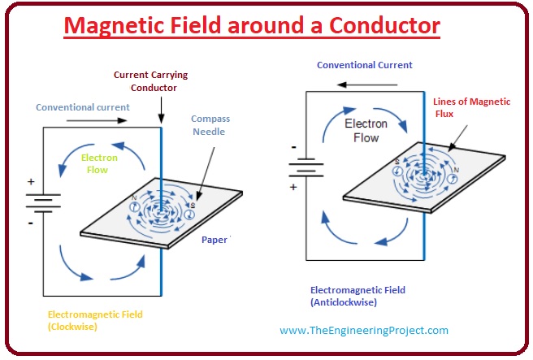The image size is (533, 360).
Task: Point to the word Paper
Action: point(214,240)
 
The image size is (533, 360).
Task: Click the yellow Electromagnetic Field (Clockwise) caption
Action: point(93,320)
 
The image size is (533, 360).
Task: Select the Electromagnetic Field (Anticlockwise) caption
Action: point(357,296)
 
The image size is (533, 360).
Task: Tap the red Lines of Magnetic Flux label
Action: point(483,107)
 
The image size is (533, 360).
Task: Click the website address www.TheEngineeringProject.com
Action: point(363,331)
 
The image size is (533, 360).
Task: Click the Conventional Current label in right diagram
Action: point(365,65)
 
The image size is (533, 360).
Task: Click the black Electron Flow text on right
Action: point(366,131)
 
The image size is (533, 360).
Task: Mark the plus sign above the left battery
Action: point(30,181)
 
